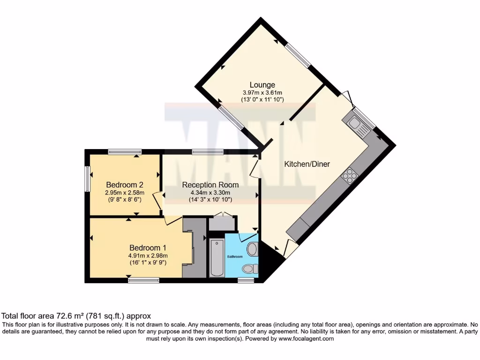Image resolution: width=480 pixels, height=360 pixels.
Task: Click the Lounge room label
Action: click(262, 85)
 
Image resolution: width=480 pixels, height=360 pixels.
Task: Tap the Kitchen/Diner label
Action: click(307, 164)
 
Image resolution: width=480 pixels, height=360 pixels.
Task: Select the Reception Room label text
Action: click(210, 185)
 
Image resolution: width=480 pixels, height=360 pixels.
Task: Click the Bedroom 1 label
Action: click(148, 247)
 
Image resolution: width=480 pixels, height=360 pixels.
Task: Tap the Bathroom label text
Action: click(235, 257)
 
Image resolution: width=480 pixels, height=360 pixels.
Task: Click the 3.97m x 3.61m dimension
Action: click(262, 93)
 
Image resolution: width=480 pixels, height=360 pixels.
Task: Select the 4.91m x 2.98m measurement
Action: click(148, 255)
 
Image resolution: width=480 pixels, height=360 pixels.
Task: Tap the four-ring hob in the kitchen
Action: click(349, 176)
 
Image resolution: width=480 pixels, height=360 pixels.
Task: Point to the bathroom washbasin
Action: click(253, 249)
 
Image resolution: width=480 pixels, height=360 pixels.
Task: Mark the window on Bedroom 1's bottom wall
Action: click(143, 280)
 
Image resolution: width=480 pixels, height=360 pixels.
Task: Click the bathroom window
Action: click(245, 280)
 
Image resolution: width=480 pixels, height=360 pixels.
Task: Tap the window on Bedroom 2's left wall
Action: click(87, 179)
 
